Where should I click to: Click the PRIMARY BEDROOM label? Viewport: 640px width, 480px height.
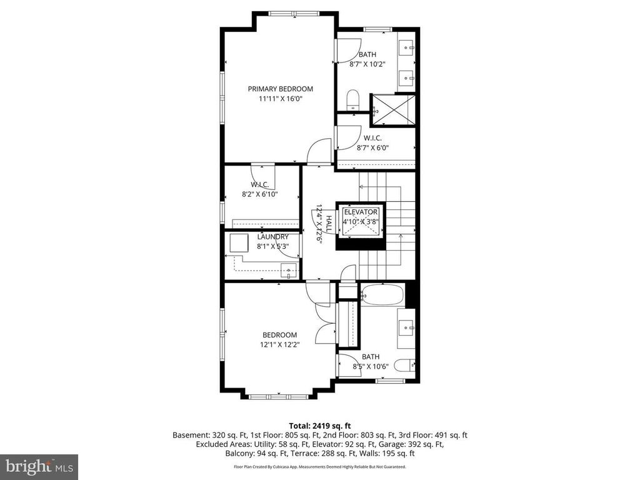281,89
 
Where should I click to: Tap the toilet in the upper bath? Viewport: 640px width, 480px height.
352,100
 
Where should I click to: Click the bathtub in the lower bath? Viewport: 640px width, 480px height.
382,295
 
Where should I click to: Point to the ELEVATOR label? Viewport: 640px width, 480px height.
361,212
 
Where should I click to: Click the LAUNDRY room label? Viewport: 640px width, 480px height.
272,237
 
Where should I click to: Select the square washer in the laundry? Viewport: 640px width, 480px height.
239,243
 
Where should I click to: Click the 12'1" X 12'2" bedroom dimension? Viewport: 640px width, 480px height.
280,344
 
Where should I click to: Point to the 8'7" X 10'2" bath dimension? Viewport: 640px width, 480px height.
367,64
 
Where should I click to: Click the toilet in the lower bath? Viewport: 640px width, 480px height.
406,364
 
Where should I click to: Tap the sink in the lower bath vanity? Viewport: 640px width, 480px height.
407,326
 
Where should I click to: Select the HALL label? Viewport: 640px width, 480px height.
329,224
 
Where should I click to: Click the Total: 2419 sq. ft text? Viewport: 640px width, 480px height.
320,426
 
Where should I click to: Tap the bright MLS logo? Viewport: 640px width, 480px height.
39,466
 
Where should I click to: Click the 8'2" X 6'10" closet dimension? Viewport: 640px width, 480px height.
259,194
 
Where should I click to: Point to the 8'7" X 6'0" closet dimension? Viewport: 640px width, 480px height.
372,147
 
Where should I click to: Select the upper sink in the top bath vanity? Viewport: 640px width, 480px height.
407,47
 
